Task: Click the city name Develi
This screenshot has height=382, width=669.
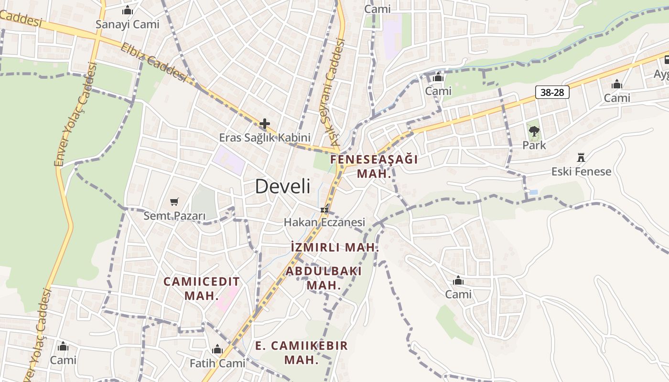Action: pyautogui.click(x=282, y=186)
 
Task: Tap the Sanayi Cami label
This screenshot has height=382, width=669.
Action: pyautogui.click(x=127, y=24)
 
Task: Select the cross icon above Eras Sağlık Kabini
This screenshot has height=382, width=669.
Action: pyautogui.click(x=264, y=124)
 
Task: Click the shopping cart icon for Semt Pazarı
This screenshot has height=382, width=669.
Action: pyautogui.click(x=174, y=202)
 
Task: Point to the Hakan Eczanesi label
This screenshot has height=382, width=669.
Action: pyautogui.click(x=324, y=222)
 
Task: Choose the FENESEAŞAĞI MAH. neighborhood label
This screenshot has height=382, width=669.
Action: pyautogui.click(x=374, y=166)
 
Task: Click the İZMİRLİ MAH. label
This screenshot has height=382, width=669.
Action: pyautogui.click(x=334, y=247)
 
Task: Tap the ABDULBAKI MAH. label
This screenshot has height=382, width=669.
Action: pyautogui.click(x=324, y=278)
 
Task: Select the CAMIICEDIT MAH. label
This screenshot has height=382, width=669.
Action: pyautogui.click(x=201, y=288)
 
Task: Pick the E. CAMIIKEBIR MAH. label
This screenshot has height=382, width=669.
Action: pyautogui.click(x=302, y=352)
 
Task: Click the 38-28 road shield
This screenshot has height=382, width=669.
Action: pyautogui.click(x=552, y=92)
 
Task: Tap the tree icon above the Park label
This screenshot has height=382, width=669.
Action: pyautogui.click(x=534, y=131)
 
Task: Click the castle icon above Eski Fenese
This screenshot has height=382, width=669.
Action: pyautogui.click(x=581, y=158)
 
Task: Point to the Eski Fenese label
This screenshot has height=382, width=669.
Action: pyautogui.click(x=581, y=171)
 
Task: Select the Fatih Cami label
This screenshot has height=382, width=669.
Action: pyautogui.click(x=217, y=363)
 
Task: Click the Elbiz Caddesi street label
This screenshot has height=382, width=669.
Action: pyautogui.click(x=153, y=62)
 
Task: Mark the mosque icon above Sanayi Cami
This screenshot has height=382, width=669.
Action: pyautogui.click(x=127, y=10)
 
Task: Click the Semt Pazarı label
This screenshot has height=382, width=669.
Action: pyautogui.click(x=174, y=216)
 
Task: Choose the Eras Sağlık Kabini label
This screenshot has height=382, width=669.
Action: pyautogui.click(x=265, y=138)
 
